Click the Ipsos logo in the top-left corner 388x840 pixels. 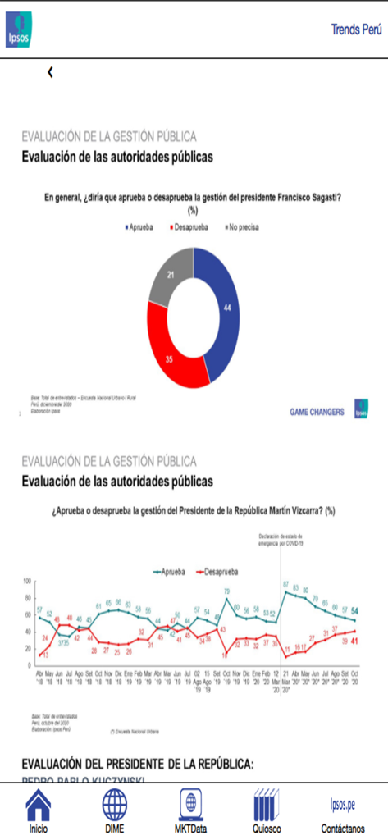[x=18, y=30]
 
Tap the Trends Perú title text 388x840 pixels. [x=356, y=30]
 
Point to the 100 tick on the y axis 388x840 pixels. [x=26, y=581]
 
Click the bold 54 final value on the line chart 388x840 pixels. [x=377, y=611]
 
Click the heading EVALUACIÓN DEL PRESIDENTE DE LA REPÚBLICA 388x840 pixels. [x=138, y=764]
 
